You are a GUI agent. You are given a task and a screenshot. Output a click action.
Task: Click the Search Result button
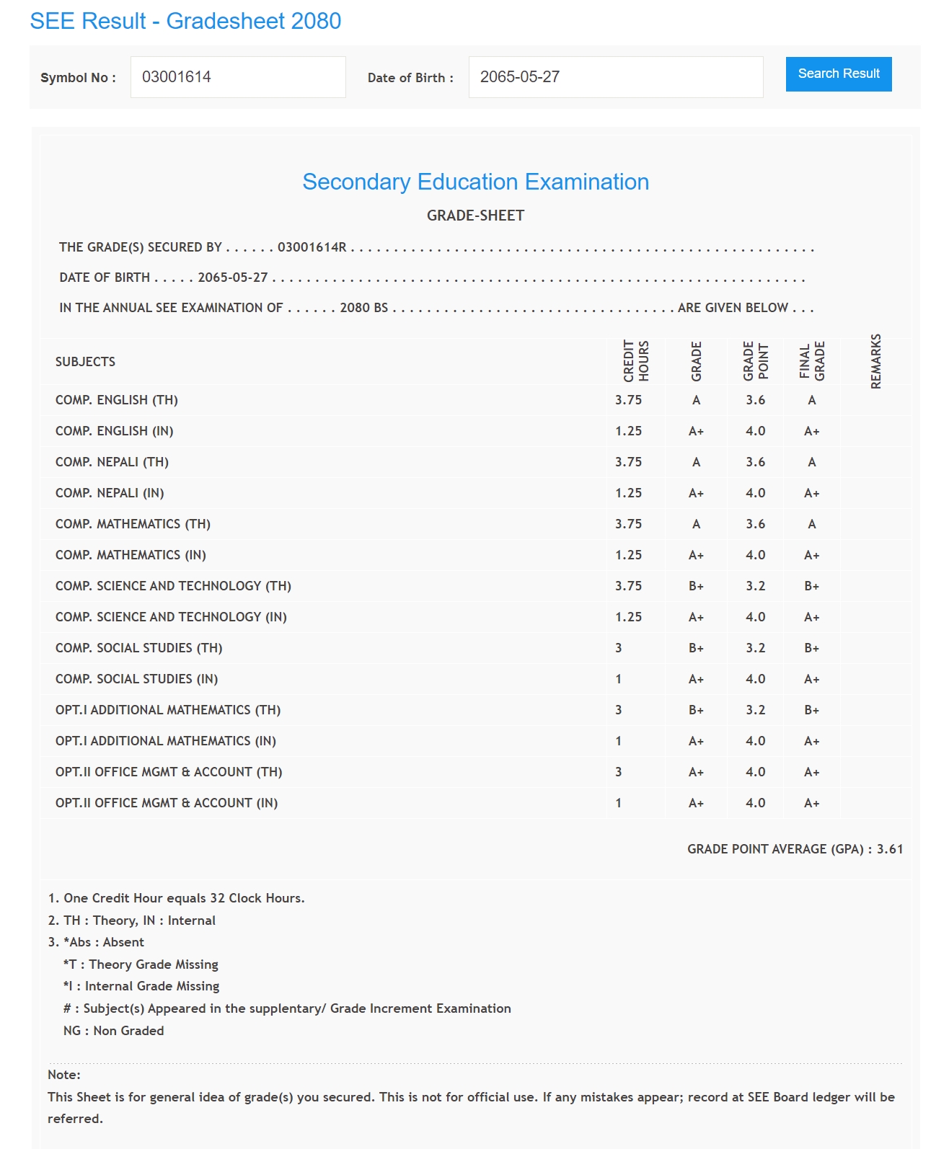pyautogui.click(x=838, y=74)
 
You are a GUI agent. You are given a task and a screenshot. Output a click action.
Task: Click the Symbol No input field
pyautogui.click(x=238, y=77)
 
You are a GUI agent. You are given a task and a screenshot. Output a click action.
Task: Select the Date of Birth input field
pyautogui.click(x=615, y=77)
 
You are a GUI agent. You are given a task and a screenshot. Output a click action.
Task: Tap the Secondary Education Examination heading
pyautogui.click(x=475, y=182)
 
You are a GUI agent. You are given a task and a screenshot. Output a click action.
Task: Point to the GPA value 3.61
pyautogui.click(x=890, y=849)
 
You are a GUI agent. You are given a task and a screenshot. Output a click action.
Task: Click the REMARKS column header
pyautogui.click(x=876, y=361)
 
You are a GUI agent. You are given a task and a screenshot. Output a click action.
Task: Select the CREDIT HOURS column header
pyautogui.click(x=636, y=361)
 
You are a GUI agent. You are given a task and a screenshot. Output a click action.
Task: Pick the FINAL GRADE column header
pyautogui.click(x=812, y=361)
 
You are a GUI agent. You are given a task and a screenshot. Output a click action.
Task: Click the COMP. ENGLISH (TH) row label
pyautogui.click(x=117, y=400)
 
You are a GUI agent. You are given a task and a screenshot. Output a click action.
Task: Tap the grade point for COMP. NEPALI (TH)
pyautogui.click(x=755, y=462)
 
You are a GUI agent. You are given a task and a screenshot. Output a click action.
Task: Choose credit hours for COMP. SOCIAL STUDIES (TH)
pyautogui.click(x=619, y=648)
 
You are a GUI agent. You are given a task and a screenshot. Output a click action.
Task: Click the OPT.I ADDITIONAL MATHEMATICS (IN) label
pyautogui.click(x=166, y=741)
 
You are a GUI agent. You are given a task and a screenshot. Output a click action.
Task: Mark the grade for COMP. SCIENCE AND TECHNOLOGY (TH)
pyautogui.click(x=696, y=586)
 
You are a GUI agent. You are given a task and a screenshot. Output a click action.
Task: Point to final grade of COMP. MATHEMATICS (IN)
pyautogui.click(x=812, y=555)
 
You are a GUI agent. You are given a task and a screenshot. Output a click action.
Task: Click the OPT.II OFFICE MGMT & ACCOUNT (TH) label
pyautogui.click(x=169, y=772)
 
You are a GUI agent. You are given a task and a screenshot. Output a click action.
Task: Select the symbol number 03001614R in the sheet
pyautogui.click(x=312, y=247)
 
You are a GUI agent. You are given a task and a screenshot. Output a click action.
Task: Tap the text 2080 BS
pyautogui.click(x=363, y=308)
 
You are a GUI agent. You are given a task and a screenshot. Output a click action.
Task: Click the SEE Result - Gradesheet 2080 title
pyautogui.click(x=185, y=21)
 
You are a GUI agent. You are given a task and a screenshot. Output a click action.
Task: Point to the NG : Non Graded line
pyautogui.click(x=114, y=1031)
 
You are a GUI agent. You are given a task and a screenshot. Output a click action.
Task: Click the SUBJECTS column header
pyautogui.click(x=85, y=362)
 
